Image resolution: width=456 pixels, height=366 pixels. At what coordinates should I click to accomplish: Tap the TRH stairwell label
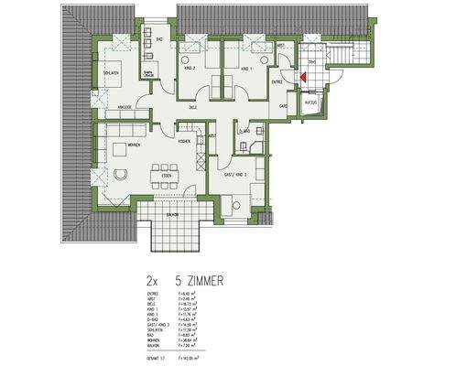pyautogui.click(x=312, y=62)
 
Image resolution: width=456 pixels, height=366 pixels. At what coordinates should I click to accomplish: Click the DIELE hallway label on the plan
pyautogui.click(x=193, y=108)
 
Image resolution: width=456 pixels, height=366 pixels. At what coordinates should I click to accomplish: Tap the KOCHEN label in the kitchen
pyautogui.click(x=184, y=142)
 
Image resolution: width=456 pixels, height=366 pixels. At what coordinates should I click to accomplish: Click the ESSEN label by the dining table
pyautogui.click(x=166, y=175)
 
